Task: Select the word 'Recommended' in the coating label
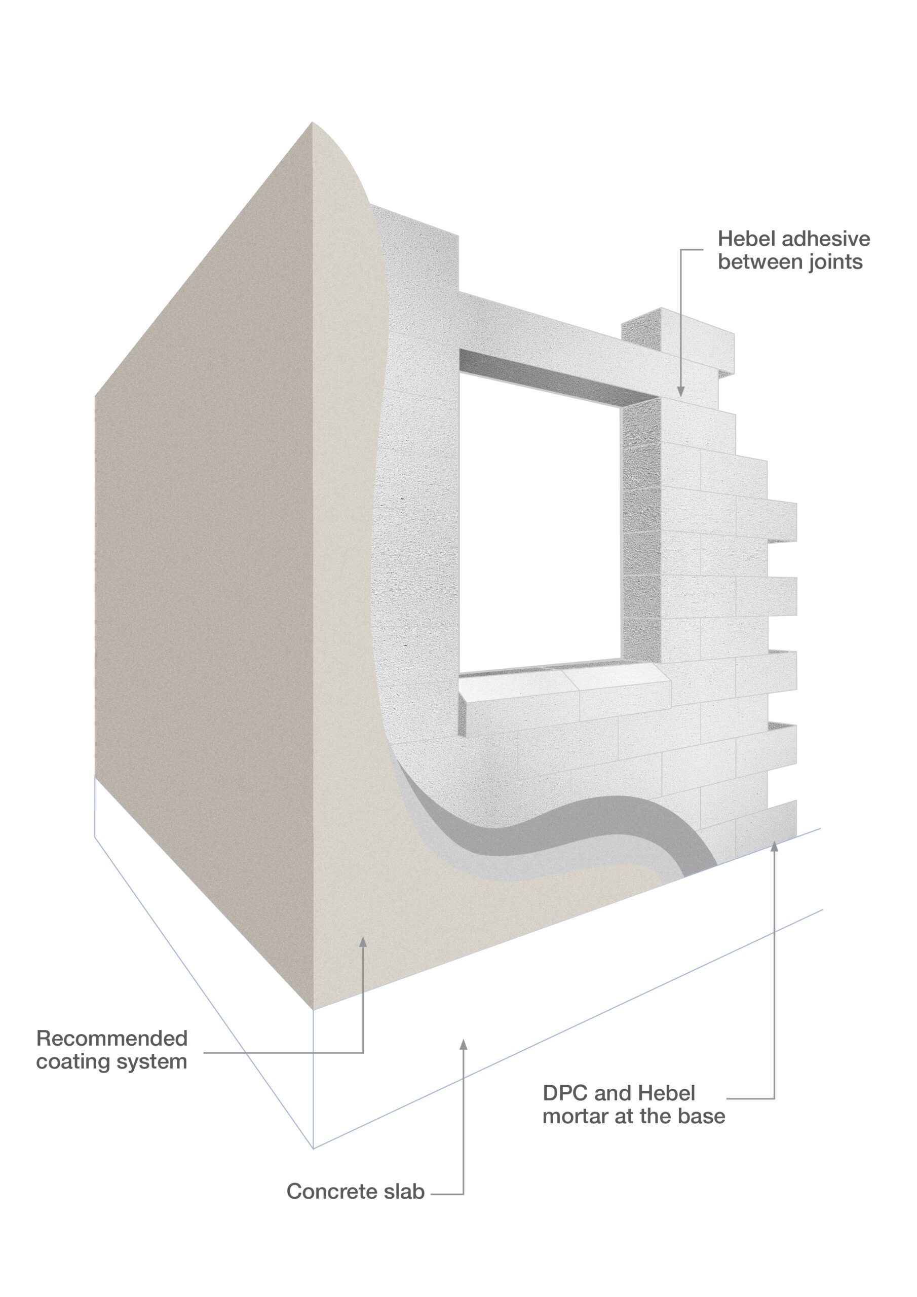click(112, 1038)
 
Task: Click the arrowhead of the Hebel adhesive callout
click(681, 391)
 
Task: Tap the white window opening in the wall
click(540, 522)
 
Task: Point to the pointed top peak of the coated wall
click(313, 122)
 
